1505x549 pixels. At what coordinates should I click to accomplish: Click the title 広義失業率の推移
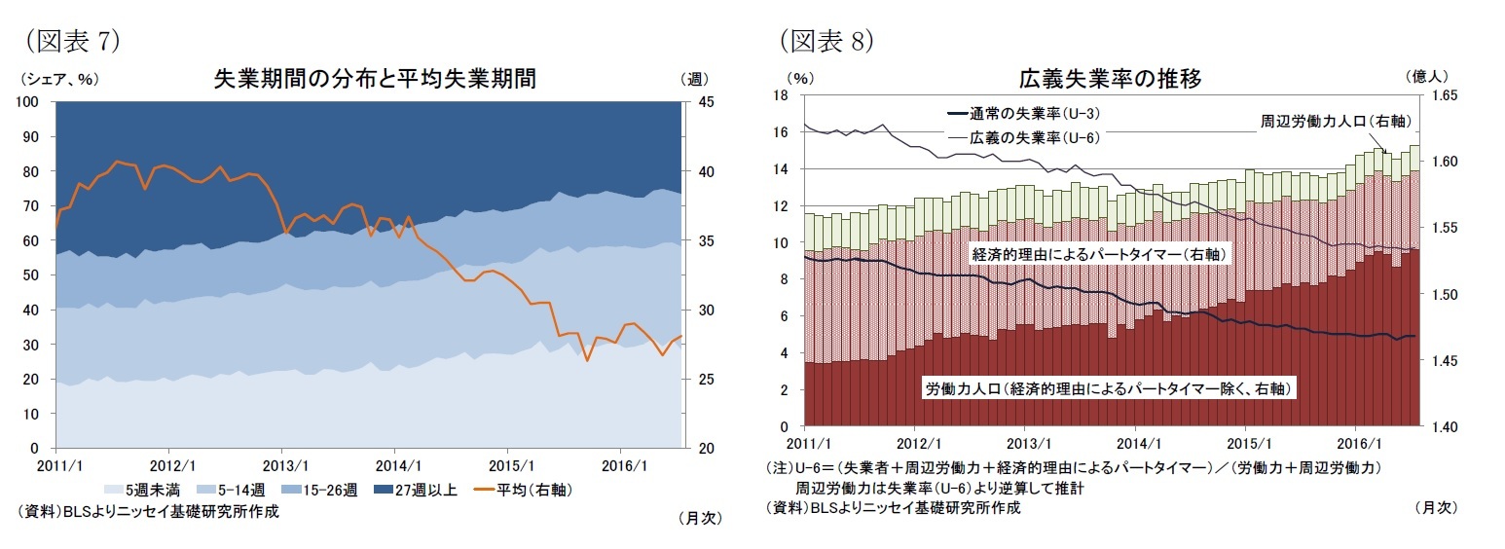(x=1109, y=79)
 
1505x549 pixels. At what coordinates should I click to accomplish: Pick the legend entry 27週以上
(x=425, y=490)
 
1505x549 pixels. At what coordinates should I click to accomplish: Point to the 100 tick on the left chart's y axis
(x=26, y=102)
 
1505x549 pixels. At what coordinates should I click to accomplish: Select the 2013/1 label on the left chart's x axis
(x=282, y=465)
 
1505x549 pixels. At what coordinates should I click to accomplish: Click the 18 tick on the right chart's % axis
(x=780, y=95)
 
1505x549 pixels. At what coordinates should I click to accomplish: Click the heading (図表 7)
(x=69, y=40)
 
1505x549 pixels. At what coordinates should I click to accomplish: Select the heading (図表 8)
(x=826, y=40)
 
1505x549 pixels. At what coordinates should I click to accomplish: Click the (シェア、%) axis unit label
(x=57, y=79)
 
